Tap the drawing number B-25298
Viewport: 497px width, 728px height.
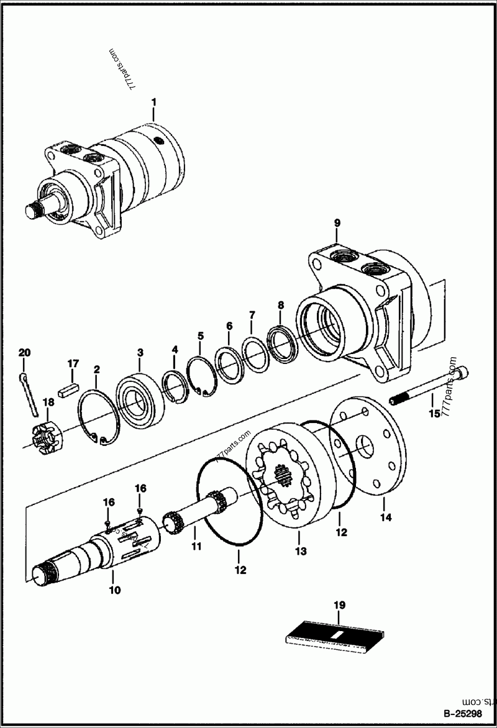tap(465, 714)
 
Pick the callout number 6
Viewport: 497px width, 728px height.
tap(229, 325)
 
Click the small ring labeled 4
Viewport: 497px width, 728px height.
tap(174, 385)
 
